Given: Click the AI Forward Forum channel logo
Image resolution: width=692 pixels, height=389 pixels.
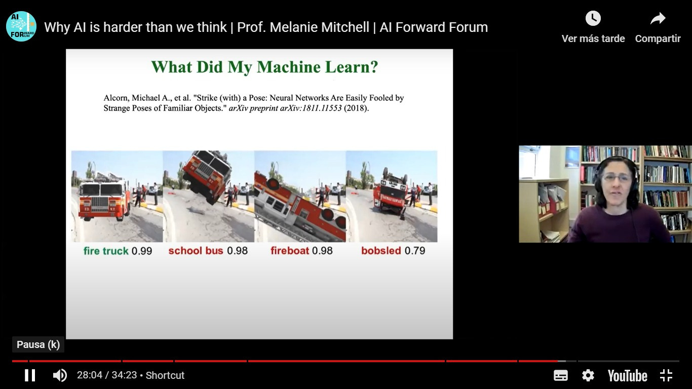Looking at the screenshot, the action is (x=21, y=26).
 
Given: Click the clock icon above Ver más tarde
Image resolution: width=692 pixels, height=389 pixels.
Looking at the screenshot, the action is (x=593, y=19).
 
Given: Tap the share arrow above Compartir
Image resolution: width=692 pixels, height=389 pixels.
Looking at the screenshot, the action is (x=658, y=19).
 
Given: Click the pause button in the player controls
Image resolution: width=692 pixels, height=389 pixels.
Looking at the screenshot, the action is (x=30, y=375).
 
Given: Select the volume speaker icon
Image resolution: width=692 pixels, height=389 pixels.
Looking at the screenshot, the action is (x=60, y=375).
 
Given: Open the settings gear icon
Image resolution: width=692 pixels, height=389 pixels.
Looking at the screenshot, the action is (x=588, y=375).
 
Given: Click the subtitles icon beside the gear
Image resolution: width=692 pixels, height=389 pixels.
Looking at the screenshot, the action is (x=560, y=375).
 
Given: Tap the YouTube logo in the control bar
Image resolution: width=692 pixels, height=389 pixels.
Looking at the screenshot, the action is (x=627, y=376).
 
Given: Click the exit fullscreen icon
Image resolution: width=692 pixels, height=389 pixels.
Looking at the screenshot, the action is (x=666, y=375).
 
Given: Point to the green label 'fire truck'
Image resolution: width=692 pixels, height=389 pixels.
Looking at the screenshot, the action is (x=106, y=251).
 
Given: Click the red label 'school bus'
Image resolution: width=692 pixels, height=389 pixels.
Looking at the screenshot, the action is (x=196, y=250).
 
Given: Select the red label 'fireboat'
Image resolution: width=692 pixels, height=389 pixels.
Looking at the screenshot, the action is (x=289, y=250).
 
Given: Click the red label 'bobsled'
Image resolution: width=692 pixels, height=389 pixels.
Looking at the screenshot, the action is (x=381, y=250).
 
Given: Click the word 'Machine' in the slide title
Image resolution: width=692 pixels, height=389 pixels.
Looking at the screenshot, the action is (x=289, y=67).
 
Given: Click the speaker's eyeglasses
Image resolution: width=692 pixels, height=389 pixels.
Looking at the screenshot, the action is (x=617, y=178).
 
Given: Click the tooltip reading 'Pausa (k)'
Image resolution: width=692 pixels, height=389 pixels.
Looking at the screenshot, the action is (x=38, y=344).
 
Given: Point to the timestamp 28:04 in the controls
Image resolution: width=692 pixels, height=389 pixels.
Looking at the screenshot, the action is (x=90, y=375).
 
